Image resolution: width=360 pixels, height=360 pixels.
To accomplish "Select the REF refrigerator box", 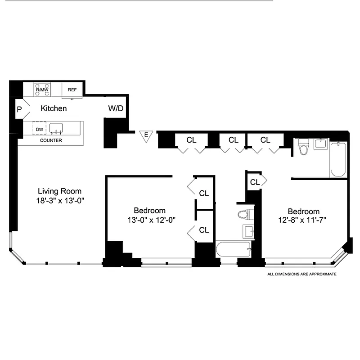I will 72,90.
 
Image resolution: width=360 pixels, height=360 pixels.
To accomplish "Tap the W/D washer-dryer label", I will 116,108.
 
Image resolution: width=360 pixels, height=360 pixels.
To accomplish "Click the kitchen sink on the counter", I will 56,129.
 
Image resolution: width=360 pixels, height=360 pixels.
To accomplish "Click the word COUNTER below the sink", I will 51,140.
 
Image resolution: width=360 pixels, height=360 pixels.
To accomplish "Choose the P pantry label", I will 19,109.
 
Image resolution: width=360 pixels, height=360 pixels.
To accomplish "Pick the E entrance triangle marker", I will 145,135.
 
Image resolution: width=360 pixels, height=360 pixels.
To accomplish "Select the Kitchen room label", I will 54,108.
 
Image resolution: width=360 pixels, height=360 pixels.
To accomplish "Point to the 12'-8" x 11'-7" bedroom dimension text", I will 304,221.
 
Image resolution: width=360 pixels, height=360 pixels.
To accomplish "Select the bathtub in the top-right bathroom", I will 338,160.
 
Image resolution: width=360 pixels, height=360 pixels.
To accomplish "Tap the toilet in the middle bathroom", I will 243,213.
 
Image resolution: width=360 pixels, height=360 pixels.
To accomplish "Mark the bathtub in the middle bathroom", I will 234,249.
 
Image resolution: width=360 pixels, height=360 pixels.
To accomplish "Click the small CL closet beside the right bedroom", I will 255,182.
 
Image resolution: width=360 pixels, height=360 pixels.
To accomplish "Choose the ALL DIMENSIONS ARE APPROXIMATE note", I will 302,274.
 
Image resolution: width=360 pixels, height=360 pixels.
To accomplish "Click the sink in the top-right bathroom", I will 321,144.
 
